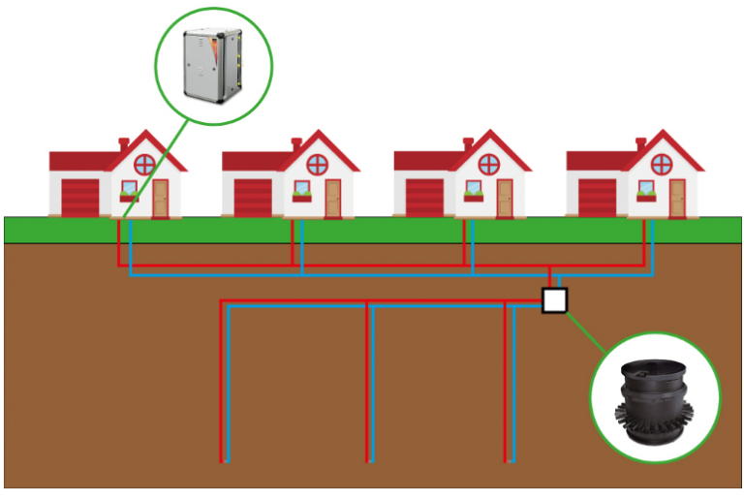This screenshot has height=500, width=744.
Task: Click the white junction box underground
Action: tap(553, 300)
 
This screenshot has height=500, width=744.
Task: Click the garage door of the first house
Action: tap(80, 197)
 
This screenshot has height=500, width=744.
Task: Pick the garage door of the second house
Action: tap(253, 197)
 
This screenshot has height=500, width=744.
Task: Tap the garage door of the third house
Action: tap(424, 197)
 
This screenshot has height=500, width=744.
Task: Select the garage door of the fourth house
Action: tap(597, 197)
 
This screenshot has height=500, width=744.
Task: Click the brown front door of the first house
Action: tap(160, 198)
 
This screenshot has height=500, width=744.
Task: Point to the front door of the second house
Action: tap(332, 198)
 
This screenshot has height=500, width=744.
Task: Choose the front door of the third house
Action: tap(504, 198)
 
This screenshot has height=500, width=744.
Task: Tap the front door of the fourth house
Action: tap(676, 198)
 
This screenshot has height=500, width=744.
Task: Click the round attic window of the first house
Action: tap(144, 163)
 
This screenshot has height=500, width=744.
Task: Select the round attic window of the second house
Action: tap(317, 163)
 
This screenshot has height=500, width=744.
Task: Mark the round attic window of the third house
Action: tap(488, 163)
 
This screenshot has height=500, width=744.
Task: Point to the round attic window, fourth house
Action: tap(661, 163)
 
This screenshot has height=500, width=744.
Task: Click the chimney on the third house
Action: tap(468, 144)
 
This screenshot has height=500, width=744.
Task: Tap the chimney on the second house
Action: tap(295, 144)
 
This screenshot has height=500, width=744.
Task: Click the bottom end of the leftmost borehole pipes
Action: tap(226, 460)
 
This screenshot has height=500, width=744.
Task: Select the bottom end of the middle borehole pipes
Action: tap(370, 460)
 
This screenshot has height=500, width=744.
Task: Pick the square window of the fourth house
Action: tap(645, 188)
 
